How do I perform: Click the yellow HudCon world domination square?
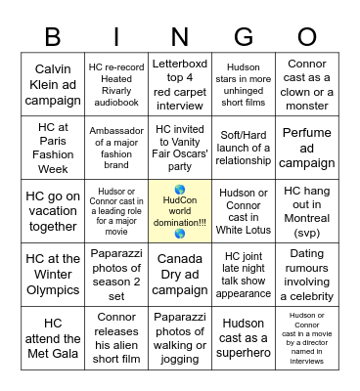[x=180, y=211]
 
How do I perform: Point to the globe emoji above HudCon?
[x=179, y=190]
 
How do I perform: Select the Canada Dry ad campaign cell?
[x=180, y=274]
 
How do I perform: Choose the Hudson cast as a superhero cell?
[x=244, y=337]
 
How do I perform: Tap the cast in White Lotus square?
[x=244, y=211]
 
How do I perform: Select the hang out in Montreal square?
[x=307, y=211]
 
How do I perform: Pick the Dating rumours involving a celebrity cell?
[x=307, y=274]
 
